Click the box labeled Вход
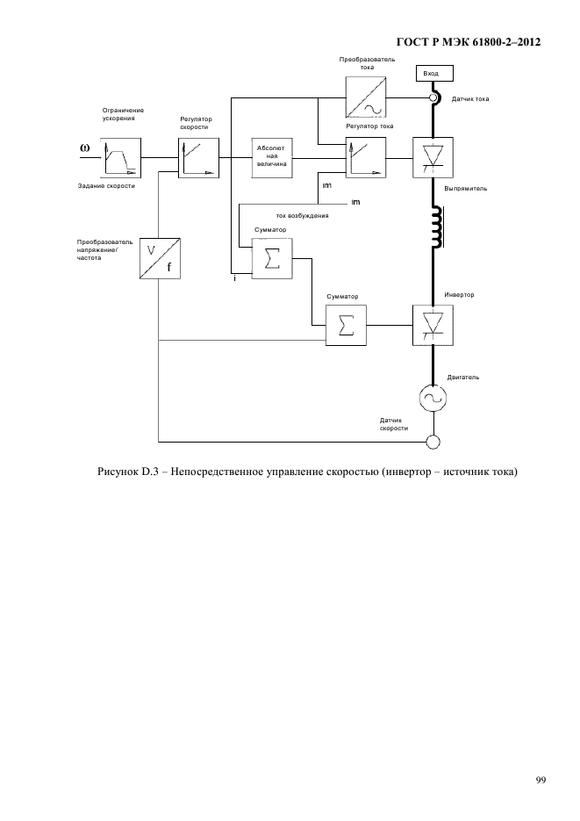pyautogui.click(x=434, y=73)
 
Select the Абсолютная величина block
pyautogui.click(x=272, y=157)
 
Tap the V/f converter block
pyautogui.click(x=160, y=259)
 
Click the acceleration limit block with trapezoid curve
pyautogui.click(x=121, y=157)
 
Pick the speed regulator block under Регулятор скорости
pyautogui.click(x=198, y=157)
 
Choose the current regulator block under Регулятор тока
pyautogui.click(x=366, y=157)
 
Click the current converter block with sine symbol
pyautogui.click(x=366, y=97)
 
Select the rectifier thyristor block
pyautogui.click(x=433, y=157)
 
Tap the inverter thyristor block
pyautogui.click(x=433, y=325)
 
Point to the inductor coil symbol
pyautogui.click(x=437, y=227)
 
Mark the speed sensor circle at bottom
pyautogui.click(x=433, y=443)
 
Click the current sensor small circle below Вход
pyautogui.click(x=433, y=98)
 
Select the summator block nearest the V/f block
pyautogui.click(x=272, y=259)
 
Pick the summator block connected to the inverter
pyautogui.click(x=347, y=325)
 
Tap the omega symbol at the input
pyautogui.click(x=85, y=148)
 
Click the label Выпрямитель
pyautogui.click(x=466, y=189)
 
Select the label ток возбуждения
pyautogui.click(x=303, y=216)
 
